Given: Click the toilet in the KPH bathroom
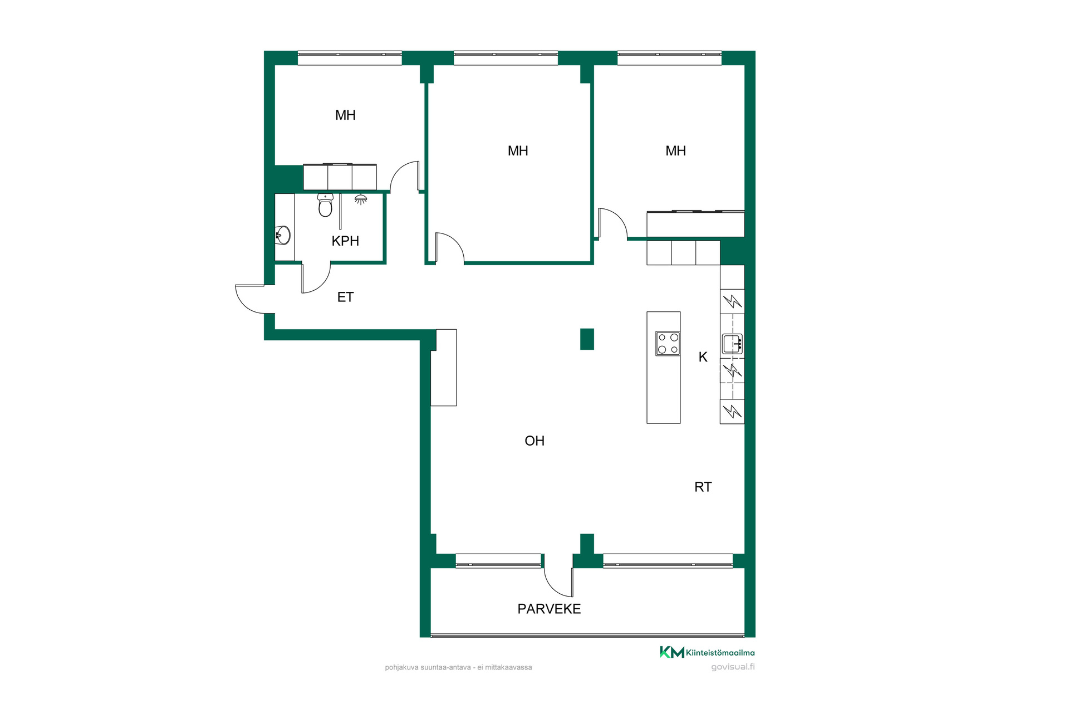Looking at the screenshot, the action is pos(325,205).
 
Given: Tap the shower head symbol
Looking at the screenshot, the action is pos(361,199).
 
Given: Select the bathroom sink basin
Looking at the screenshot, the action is pos(283,235).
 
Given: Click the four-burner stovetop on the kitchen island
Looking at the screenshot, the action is pos(668,343).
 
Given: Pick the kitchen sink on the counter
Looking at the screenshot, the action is pos(732,344).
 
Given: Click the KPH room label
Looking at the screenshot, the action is pos(345,241).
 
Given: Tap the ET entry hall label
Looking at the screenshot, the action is pos(345,297).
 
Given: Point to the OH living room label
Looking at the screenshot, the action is pos(534,441).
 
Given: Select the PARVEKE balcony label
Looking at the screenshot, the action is pos(549,609).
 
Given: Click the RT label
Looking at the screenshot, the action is pos(703,487).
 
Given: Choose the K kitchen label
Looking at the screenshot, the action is pos(703,357).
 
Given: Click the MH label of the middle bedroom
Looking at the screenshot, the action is pos(518,151).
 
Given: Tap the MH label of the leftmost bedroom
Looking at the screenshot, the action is pos(345,115).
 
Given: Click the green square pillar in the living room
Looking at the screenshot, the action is pos(587,339).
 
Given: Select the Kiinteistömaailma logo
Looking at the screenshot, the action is pos(707,652).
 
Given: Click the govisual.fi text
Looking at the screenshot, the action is pos(733,667).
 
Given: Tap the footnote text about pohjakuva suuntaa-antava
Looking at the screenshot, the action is pos(458,667).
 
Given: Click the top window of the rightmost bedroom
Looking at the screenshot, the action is pos(670,58).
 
